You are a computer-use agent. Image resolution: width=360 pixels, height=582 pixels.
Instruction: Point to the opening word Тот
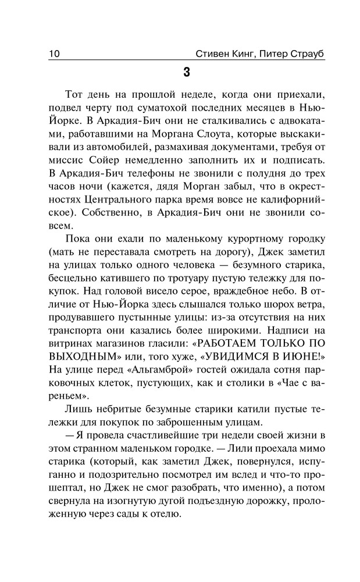tap(76, 95)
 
